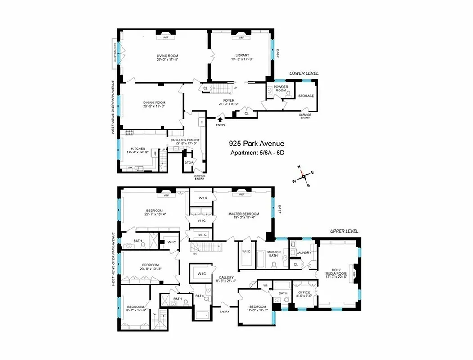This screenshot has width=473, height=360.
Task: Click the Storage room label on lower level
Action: (306, 96)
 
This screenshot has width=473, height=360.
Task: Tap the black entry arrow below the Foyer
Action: (220, 119)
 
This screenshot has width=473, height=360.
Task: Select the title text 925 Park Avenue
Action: (256, 144)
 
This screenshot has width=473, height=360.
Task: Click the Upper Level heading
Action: (344, 231)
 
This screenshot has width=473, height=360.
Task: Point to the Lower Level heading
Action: (304, 73)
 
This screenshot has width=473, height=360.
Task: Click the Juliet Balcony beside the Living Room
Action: (115, 54)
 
